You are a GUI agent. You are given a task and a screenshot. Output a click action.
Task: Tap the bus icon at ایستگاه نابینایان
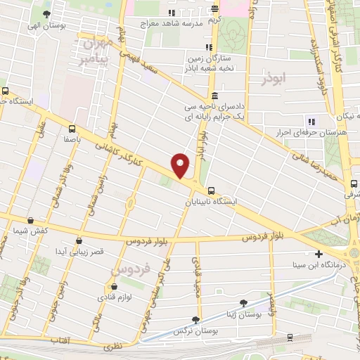(x=211, y=189)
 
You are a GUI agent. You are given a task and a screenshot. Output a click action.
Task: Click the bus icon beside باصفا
(x=72, y=129)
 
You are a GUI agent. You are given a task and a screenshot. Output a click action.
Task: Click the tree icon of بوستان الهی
(x=46, y=14)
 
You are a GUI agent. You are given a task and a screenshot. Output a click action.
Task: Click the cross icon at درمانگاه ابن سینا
(x=319, y=254)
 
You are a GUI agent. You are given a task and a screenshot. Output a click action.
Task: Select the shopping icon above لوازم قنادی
(x=113, y=286)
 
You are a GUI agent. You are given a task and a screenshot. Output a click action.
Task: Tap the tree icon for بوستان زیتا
(x=243, y=304)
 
